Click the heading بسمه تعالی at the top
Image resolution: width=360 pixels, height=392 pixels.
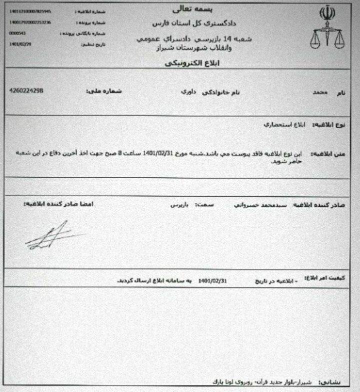pos(185,9)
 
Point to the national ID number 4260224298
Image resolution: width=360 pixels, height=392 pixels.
pos(26,91)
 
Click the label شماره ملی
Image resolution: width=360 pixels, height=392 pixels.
pos(101,92)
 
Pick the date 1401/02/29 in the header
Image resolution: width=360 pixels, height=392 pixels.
pos(18,44)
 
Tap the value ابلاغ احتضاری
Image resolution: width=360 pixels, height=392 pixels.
pos(283,123)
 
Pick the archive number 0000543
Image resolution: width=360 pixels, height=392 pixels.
pos(16,33)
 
